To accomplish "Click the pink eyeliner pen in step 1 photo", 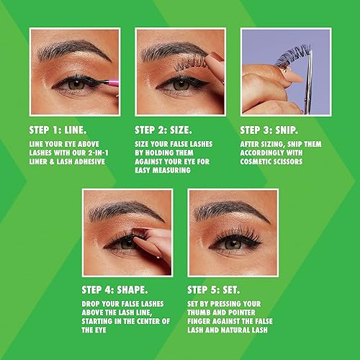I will (102, 82).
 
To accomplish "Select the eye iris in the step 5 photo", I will (232, 244).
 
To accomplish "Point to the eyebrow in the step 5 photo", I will (229, 212).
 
